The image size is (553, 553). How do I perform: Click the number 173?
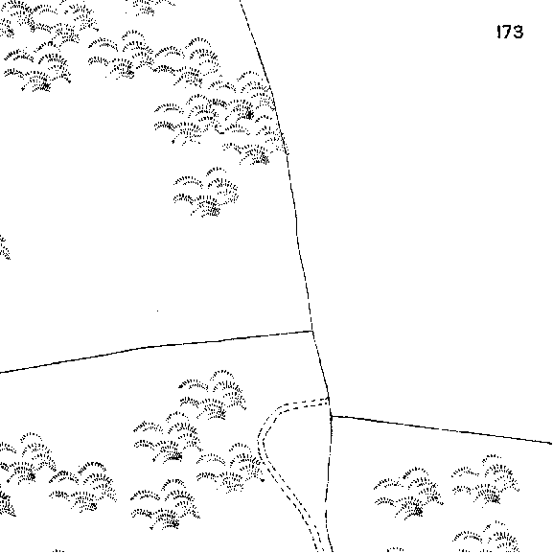click(510, 32)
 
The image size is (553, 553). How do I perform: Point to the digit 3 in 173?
click(518, 32)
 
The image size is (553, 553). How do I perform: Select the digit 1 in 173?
click(498, 32)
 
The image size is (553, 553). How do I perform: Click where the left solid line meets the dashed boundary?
click(312, 331)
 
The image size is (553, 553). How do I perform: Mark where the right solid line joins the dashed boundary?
click(331, 416)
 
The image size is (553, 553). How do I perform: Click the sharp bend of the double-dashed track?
click(262, 441)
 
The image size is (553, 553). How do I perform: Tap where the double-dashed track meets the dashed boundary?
click(329, 400)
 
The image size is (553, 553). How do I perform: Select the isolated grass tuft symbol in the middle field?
click(206, 193)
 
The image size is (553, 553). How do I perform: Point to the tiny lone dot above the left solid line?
click(157, 311)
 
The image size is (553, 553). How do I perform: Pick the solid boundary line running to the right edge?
click(442, 429)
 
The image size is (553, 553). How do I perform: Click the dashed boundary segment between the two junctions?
click(321, 373)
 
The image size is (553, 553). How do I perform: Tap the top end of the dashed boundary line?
click(241, 1)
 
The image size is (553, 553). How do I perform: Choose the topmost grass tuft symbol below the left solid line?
click(213, 395)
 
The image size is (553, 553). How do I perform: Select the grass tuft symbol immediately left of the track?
click(230, 468)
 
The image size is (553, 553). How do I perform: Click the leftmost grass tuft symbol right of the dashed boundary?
click(408, 493)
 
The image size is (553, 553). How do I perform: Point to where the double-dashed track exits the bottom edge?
click(319, 551)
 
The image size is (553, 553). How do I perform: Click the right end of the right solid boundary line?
click(552, 443)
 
